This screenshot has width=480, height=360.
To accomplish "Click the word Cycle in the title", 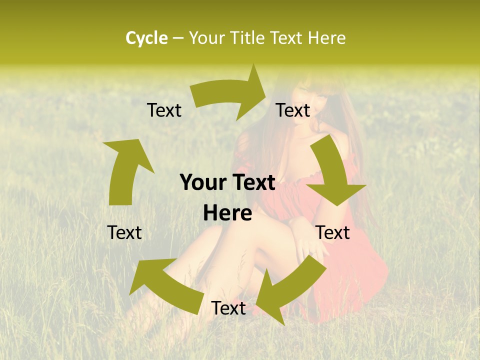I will [146, 38].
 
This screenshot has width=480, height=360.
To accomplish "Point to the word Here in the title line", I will [326, 38].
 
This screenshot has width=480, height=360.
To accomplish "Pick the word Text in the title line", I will [287, 38].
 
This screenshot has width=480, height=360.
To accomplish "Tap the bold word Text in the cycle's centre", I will [252, 183].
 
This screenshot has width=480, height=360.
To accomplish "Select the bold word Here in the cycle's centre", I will [227, 213].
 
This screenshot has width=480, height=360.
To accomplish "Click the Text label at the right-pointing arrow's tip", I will [293, 110].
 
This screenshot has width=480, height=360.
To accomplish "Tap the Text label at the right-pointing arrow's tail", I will [164, 110].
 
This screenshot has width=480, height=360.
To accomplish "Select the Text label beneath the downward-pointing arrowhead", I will [332, 232].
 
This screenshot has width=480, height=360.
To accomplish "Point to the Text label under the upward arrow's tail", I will [124, 232].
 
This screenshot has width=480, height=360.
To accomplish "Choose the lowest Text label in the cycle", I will [228, 308].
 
